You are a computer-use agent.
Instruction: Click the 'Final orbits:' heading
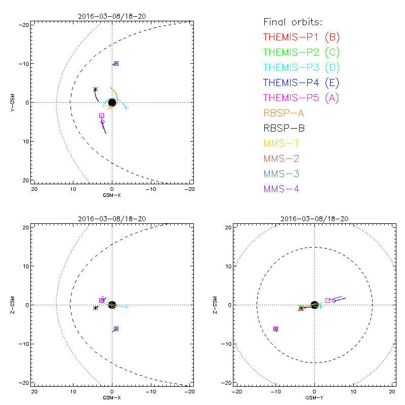click(x=293, y=22)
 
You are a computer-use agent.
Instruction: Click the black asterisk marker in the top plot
click(x=95, y=90)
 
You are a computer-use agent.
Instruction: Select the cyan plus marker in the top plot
click(x=126, y=108)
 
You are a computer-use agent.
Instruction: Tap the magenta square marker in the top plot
click(x=101, y=116)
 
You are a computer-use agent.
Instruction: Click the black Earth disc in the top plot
click(x=112, y=102)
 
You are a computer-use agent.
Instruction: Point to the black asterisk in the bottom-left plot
click(x=95, y=308)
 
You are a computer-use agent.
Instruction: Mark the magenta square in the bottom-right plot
click(x=328, y=300)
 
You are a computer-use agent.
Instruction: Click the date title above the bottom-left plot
click(x=112, y=219)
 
